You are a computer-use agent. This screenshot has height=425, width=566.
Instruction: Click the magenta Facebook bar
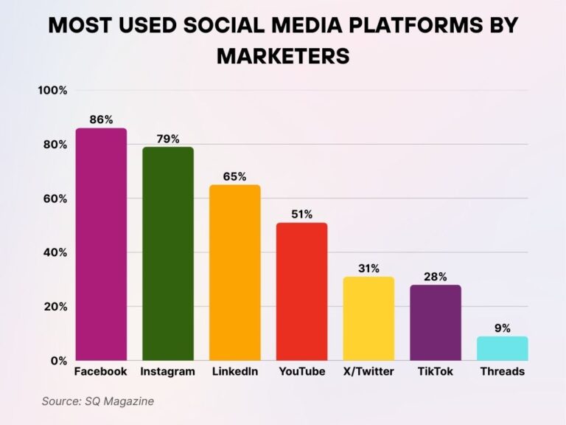coord(101,244)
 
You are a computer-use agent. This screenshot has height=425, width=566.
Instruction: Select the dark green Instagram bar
coord(168,253)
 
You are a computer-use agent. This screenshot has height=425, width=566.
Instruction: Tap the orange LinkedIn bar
coord(235,272)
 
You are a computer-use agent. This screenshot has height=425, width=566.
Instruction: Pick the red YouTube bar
coord(302,291)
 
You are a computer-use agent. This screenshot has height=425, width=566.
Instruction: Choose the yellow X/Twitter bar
coord(368,318)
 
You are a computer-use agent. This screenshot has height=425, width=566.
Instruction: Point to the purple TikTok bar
coord(436,322)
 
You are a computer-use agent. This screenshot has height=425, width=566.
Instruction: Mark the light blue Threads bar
coord(503,348)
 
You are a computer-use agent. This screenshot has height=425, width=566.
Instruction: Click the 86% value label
coord(102,120)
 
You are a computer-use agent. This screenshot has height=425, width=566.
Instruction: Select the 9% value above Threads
coord(503,328)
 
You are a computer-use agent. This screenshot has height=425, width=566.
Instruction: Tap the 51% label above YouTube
coord(302,215)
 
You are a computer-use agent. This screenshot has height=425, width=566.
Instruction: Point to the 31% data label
coord(368,269)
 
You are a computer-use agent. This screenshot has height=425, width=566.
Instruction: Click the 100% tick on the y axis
coord(52,91)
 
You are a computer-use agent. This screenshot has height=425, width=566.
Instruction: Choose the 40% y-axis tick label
coord(55,252)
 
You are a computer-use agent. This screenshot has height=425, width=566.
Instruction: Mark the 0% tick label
coord(59,361)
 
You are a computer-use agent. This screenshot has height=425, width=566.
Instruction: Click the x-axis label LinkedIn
coord(234,372)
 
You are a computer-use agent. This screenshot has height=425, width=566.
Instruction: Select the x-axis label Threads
coord(502,372)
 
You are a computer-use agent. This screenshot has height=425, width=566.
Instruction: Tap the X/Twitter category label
coord(368,372)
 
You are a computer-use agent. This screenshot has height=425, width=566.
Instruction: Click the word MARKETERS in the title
coord(283,56)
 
